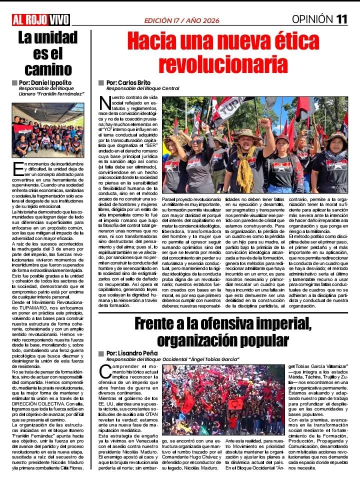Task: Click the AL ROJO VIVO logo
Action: [x=41, y=19]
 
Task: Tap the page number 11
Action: [x=342, y=19]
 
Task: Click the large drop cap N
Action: [x=105, y=103]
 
